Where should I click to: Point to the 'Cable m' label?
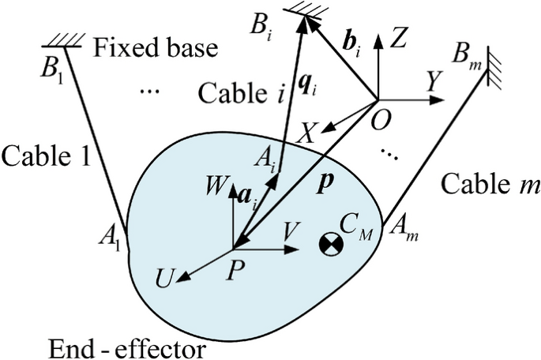tap(490, 187)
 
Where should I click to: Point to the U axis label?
tap(165, 279)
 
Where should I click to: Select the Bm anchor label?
tap(463, 55)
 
